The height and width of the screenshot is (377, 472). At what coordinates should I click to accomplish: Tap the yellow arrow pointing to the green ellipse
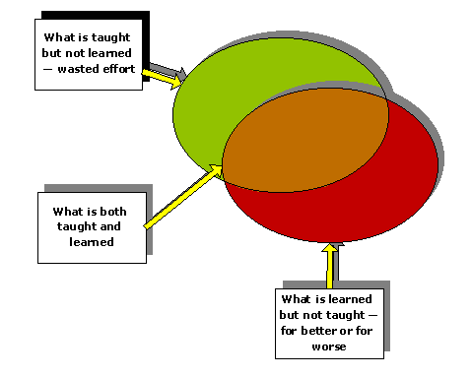coord(163,75)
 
